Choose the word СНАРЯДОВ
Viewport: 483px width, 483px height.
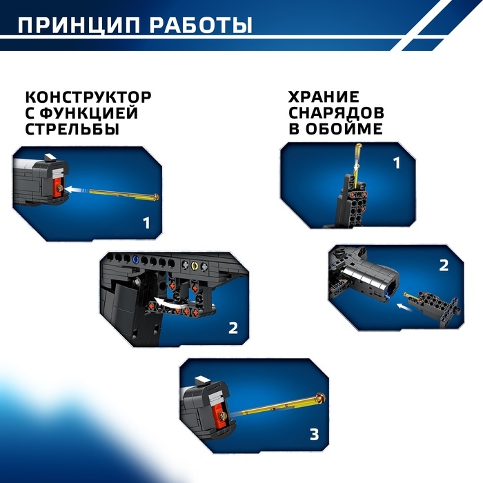coord(336,112)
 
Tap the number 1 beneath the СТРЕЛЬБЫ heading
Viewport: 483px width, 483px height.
coord(146,222)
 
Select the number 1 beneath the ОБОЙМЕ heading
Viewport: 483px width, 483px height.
coord(396,164)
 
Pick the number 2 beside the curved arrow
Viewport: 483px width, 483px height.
coord(233,327)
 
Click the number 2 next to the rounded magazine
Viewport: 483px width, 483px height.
coord(444,264)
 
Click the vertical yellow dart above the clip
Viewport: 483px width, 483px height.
coord(359,157)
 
